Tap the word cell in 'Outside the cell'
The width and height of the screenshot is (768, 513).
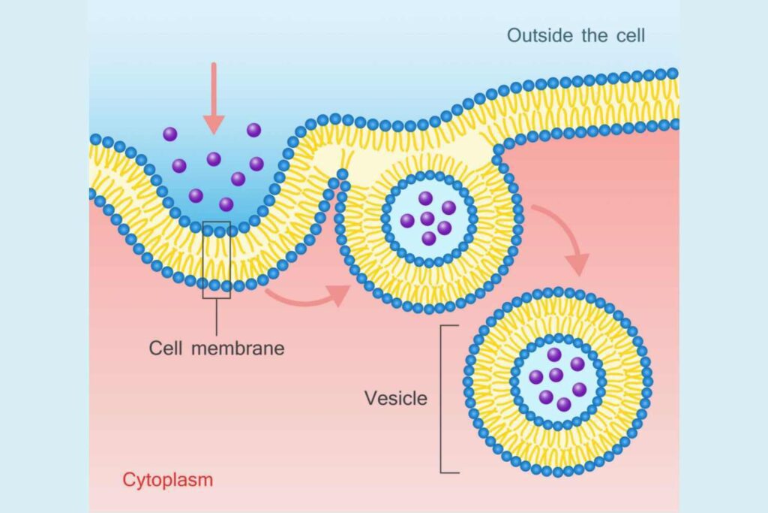point(631,35)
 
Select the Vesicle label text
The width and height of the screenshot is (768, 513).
point(396,398)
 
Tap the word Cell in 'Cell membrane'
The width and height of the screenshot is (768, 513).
point(166,349)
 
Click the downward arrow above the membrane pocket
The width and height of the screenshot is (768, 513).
point(214,98)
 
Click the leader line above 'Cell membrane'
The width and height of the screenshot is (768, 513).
point(217,317)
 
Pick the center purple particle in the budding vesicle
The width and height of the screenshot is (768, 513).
point(427,219)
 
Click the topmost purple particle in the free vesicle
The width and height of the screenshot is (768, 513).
point(554,354)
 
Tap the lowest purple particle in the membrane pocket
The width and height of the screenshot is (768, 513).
point(226,204)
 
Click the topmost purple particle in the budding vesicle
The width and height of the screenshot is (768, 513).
point(425,198)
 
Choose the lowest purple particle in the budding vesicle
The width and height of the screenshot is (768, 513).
point(428,239)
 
